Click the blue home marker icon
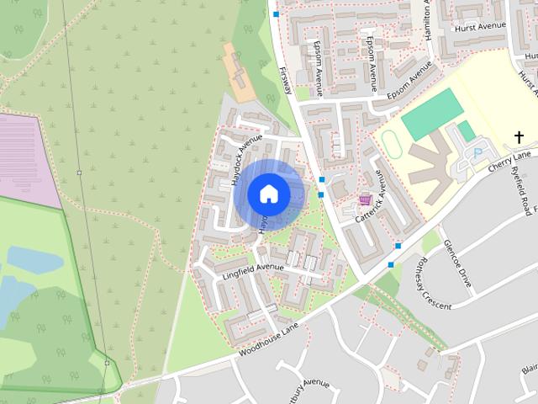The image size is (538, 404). pyautogui.click(x=268, y=194)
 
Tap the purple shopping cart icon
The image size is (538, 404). pyautogui.click(x=365, y=200)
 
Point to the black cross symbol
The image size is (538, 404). pyautogui.click(x=520, y=136)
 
